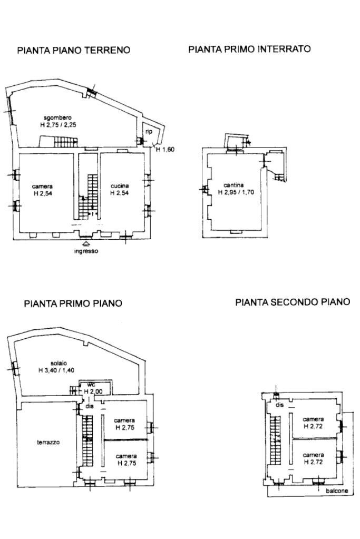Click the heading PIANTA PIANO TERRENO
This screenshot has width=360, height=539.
tap(74, 51)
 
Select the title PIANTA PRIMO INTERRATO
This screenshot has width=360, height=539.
tap(249, 49)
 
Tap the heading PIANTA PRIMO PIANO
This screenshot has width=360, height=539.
tap(73, 303)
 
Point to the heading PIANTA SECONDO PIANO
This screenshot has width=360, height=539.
tap(293, 302)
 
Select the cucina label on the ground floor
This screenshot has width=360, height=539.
tap(119, 186)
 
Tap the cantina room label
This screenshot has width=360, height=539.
tap(233, 185)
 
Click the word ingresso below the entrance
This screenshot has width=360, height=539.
tap(85, 251)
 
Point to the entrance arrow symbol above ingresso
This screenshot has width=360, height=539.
tap(85, 243)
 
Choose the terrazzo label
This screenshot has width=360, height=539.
tap(48, 443)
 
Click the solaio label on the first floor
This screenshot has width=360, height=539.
tap(59, 364)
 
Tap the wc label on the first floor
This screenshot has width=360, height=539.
tap(90, 385)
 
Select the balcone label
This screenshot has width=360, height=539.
tap(336, 491)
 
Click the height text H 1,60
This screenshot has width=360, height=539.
tap(165, 150)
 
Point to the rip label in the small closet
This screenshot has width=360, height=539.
tap(149, 132)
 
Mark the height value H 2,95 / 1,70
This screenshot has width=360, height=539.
tap(236, 192)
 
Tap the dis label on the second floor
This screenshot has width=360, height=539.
tap(279, 405)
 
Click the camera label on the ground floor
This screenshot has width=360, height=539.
tap(42, 186)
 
